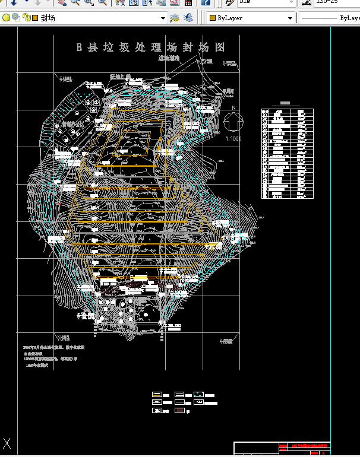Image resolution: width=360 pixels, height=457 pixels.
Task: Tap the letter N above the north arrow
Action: (x=234, y=108)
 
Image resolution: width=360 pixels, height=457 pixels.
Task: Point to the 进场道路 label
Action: (x=169, y=58)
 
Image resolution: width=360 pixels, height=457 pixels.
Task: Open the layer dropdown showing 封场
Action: (x=101, y=18)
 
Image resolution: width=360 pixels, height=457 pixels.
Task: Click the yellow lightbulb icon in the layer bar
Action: (x=6, y=18)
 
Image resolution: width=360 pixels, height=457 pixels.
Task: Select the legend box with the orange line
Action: (x=157, y=395)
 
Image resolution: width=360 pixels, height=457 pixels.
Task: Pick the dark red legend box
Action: (x=179, y=411)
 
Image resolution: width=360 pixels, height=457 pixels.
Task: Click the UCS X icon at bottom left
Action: (x=7, y=443)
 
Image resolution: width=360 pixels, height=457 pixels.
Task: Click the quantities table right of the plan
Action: (x=287, y=153)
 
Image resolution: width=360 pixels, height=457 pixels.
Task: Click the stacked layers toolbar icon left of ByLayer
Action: (x=188, y=18)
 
